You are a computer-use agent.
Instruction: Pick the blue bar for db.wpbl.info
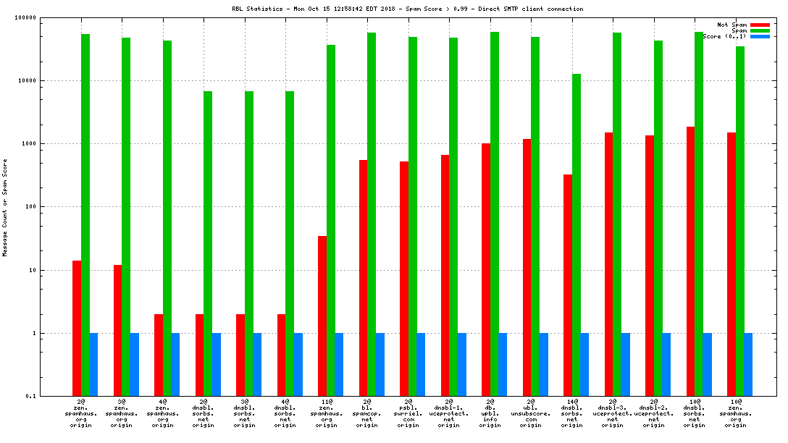[503, 364]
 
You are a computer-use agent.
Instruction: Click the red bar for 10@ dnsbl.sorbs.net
[691, 261]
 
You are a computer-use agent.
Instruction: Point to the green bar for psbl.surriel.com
[413, 216]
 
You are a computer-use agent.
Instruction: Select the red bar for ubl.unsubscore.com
[527, 267]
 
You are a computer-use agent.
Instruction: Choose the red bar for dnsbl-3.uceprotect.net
[609, 264]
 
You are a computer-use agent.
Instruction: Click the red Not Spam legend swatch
[760, 25]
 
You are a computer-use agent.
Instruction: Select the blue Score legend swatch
[760, 36]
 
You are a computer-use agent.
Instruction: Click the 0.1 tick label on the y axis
[51, 396]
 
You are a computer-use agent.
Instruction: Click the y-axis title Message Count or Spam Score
[5, 208]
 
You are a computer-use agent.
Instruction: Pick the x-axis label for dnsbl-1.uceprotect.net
[449, 413]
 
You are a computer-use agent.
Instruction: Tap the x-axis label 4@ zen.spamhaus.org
[162, 413]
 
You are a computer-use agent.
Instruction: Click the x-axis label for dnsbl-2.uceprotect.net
[653, 413]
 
